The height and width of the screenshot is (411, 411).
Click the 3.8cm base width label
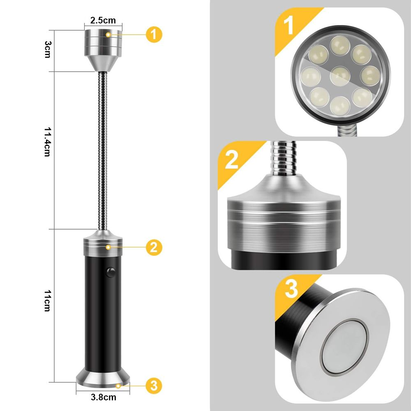(103, 397)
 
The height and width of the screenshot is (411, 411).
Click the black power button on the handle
(110, 272)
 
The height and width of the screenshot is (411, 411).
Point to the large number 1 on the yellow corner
(290, 25)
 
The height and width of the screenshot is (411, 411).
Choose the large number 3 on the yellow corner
(291, 289)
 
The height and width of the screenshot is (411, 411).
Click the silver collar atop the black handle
(103, 243)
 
